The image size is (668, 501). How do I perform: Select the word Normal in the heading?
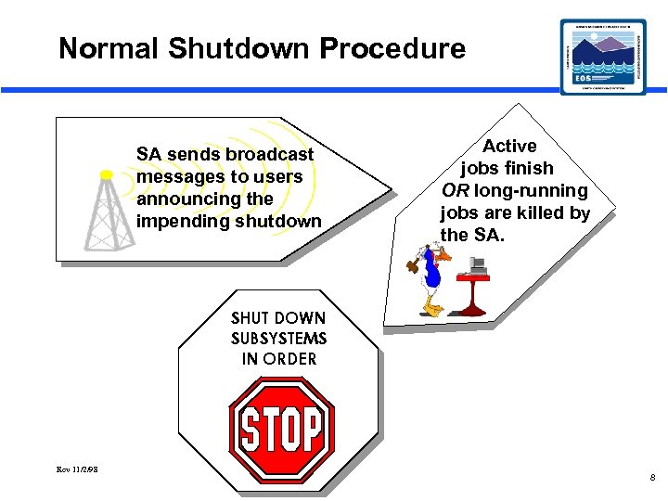[109, 48]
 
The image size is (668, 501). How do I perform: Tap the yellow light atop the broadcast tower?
[107, 174]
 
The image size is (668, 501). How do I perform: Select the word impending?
[178, 221]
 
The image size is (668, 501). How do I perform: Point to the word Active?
[509, 146]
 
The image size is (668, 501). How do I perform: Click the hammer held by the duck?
[412, 266]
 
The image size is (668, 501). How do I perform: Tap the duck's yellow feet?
[431, 310]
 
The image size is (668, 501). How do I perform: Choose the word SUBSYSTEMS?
[278, 339]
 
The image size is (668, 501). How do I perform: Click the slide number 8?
[652, 478]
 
